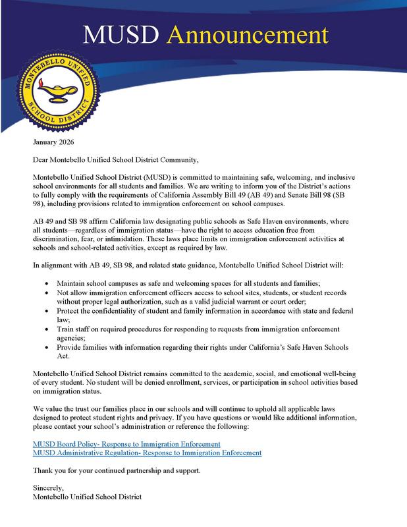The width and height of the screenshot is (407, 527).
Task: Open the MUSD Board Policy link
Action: point(126,445)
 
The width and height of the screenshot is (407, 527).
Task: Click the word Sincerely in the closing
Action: point(49,489)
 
